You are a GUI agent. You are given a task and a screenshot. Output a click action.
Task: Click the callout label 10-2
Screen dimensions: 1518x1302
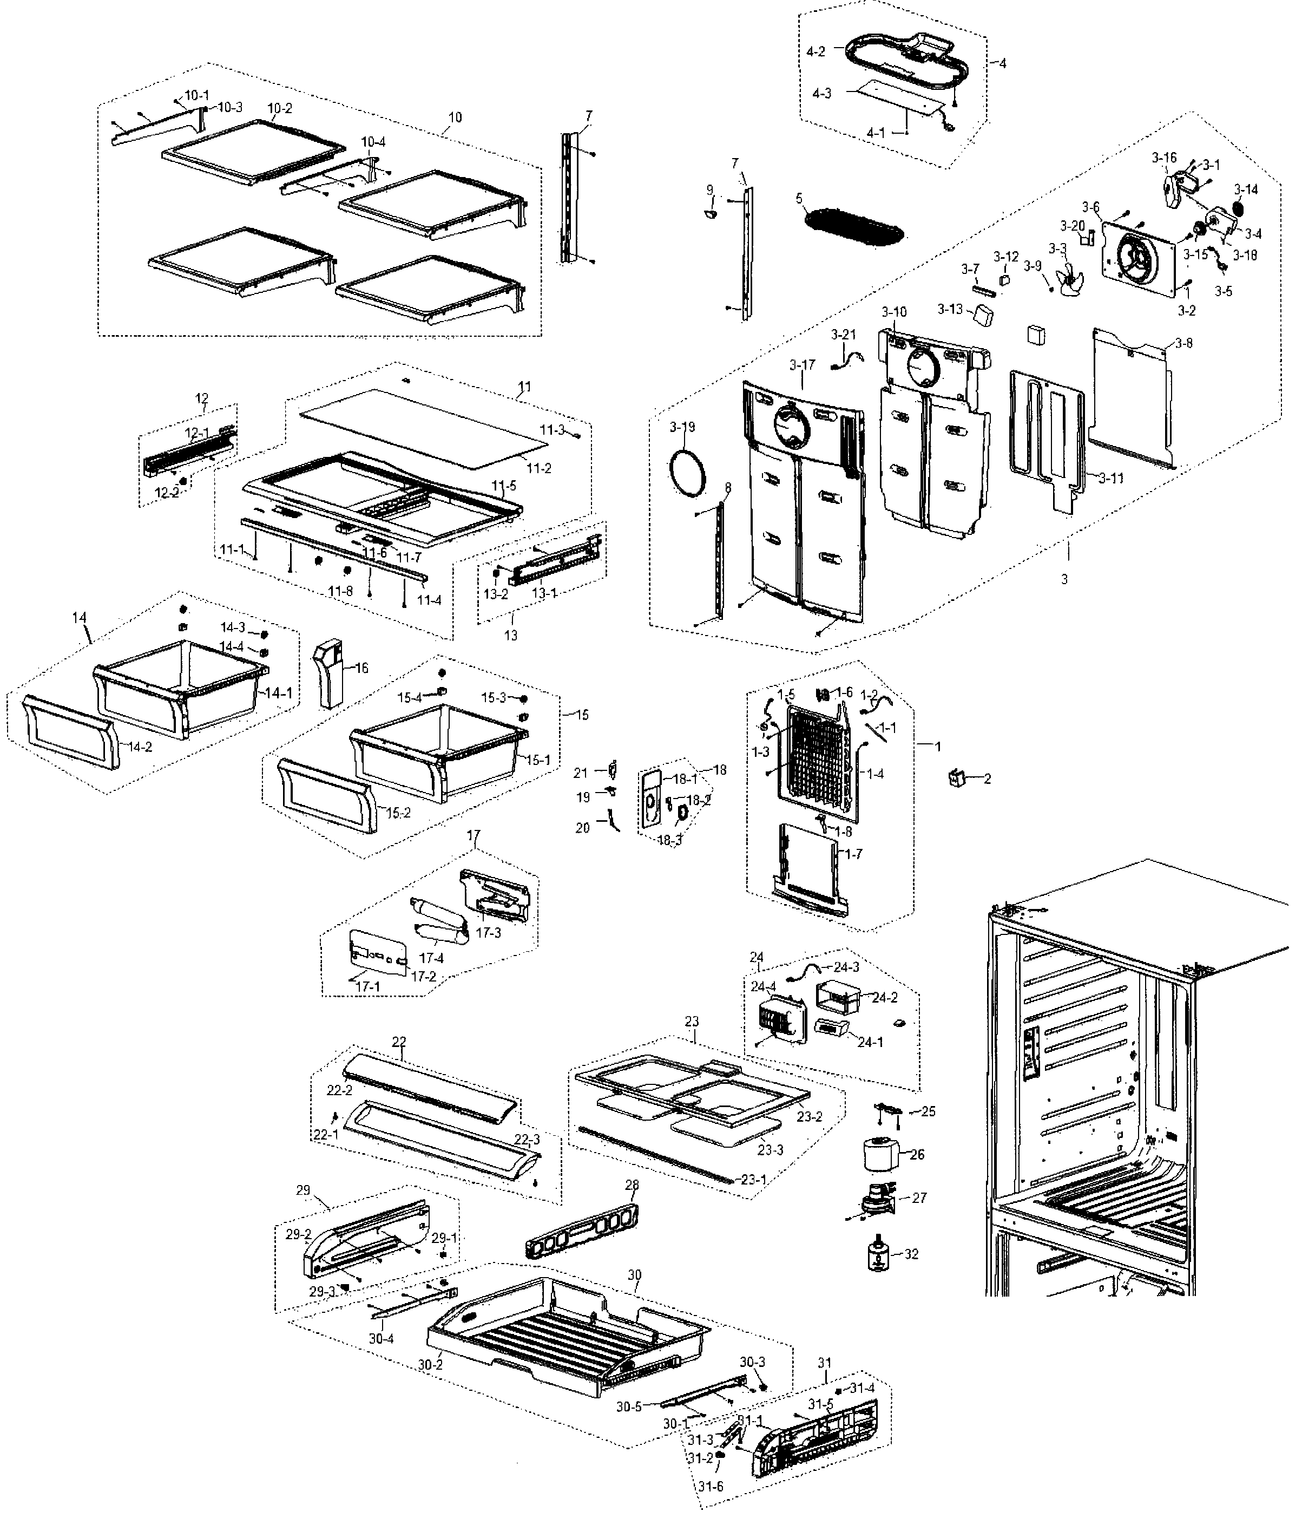click(280, 108)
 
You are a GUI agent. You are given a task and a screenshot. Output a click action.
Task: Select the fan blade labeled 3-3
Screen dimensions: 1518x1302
click(1066, 279)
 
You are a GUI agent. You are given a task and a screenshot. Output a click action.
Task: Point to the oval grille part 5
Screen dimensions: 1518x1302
click(853, 228)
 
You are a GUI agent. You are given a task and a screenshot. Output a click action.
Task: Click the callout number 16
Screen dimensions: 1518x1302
click(361, 668)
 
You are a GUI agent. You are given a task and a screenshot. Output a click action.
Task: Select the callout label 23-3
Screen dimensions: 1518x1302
click(771, 1150)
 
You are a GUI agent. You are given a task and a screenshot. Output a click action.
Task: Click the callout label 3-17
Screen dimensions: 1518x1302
click(803, 364)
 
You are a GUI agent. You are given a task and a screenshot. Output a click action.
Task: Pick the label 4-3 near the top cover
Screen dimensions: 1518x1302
click(821, 94)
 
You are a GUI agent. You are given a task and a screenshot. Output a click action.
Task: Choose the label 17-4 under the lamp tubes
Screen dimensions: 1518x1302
click(431, 958)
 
